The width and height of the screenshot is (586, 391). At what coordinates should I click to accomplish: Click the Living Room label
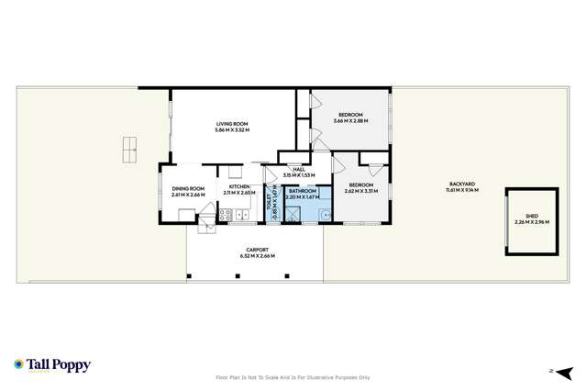point(232,124)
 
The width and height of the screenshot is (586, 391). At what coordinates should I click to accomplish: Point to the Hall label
point(298,169)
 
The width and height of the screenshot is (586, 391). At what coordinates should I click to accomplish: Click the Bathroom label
point(303,191)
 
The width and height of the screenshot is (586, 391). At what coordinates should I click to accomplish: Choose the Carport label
point(256,249)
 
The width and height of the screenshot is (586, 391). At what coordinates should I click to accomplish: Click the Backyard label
point(462,184)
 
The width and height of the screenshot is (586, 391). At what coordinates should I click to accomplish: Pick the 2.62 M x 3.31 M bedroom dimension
point(360,192)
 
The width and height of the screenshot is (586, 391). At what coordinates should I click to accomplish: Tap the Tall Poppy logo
point(52,364)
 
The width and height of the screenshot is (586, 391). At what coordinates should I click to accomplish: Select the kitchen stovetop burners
point(240,216)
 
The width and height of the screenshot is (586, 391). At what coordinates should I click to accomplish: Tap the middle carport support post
point(240,274)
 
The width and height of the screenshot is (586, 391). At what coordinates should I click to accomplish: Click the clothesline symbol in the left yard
point(129,145)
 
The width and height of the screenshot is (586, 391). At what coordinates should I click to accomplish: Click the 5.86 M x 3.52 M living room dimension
point(232,129)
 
